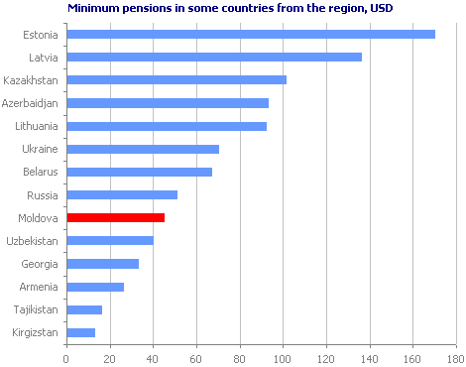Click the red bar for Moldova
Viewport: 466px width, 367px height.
coord(115,217)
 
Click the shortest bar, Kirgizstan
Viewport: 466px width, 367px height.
coord(80,332)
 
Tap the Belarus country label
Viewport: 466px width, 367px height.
coord(42,172)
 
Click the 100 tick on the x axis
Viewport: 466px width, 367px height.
coord(283,357)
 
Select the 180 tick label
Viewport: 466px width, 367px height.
coord(455,357)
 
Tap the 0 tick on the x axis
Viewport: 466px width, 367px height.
coord(65,357)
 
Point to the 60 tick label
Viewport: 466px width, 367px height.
coord(195,357)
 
